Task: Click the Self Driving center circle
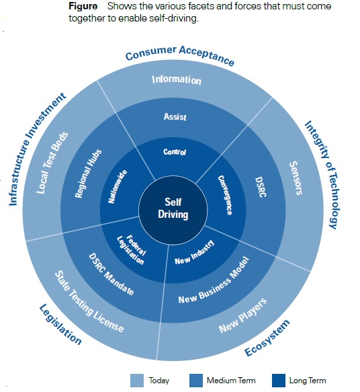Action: [x=173, y=210]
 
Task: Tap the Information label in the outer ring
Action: [x=177, y=80]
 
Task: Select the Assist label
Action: [x=175, y=117]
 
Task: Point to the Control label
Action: [x=175, y=152]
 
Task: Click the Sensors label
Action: [x=296, y=178]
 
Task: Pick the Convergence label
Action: [x=225, y=195]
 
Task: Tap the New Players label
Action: [x=243, y=315]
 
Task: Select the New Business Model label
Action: [x=214, y=280]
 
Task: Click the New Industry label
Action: [x=195, y=253]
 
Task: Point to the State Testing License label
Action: [x=89, y=302]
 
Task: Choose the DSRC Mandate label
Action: [x=111, y=274]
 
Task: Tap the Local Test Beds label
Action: [x=52, y=163]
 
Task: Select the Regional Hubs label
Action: [x=89, y=173]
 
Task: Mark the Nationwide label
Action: [x=118, y=186]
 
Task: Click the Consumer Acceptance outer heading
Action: [x=180, y=56]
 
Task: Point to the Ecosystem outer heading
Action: [x=267, y=338]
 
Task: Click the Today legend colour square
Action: [x=137, y=381]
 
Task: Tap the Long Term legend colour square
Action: [x=279, y=381]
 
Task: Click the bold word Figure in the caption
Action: [x=83, y=6]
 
